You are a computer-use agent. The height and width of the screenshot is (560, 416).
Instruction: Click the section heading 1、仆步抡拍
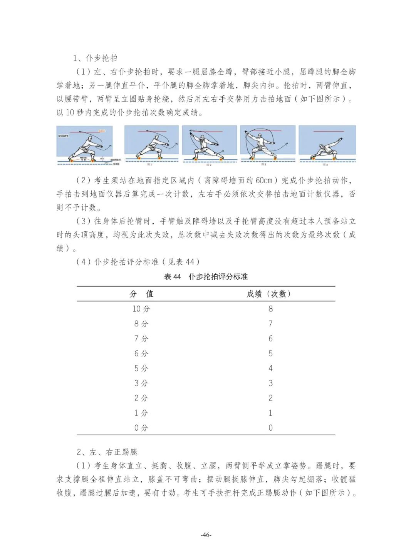(95, 58)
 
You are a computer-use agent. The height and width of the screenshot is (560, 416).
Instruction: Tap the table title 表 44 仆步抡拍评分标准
(206, 277)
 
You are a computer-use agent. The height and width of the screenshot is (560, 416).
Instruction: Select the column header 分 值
(141, 294)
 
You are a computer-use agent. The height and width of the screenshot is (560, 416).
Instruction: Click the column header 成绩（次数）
(270, 294)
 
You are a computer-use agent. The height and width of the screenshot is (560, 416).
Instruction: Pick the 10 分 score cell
(141, 309)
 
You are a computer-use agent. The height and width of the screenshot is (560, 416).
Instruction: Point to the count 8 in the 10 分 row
(270, 309)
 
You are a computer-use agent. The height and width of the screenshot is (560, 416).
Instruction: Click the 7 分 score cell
(141, 339)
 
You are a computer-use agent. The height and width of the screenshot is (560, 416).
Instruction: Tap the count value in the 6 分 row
(270, 353)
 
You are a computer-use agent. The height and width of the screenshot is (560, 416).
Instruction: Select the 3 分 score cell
(141, 383)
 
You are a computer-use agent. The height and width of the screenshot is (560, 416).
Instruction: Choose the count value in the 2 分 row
(270, 398)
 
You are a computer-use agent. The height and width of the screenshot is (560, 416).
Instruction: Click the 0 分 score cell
(141, 428)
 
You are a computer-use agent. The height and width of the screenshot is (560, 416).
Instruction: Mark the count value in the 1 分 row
(270, 413)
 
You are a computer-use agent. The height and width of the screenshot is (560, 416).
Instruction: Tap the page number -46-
(206, 535)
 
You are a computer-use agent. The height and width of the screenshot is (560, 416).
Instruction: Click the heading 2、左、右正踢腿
(107, 452)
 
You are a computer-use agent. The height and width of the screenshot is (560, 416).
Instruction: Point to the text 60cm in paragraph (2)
(264, 180)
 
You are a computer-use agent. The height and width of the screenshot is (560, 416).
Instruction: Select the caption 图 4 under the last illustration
(325, 165)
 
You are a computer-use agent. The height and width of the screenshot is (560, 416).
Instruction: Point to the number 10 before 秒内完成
(70, 112)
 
